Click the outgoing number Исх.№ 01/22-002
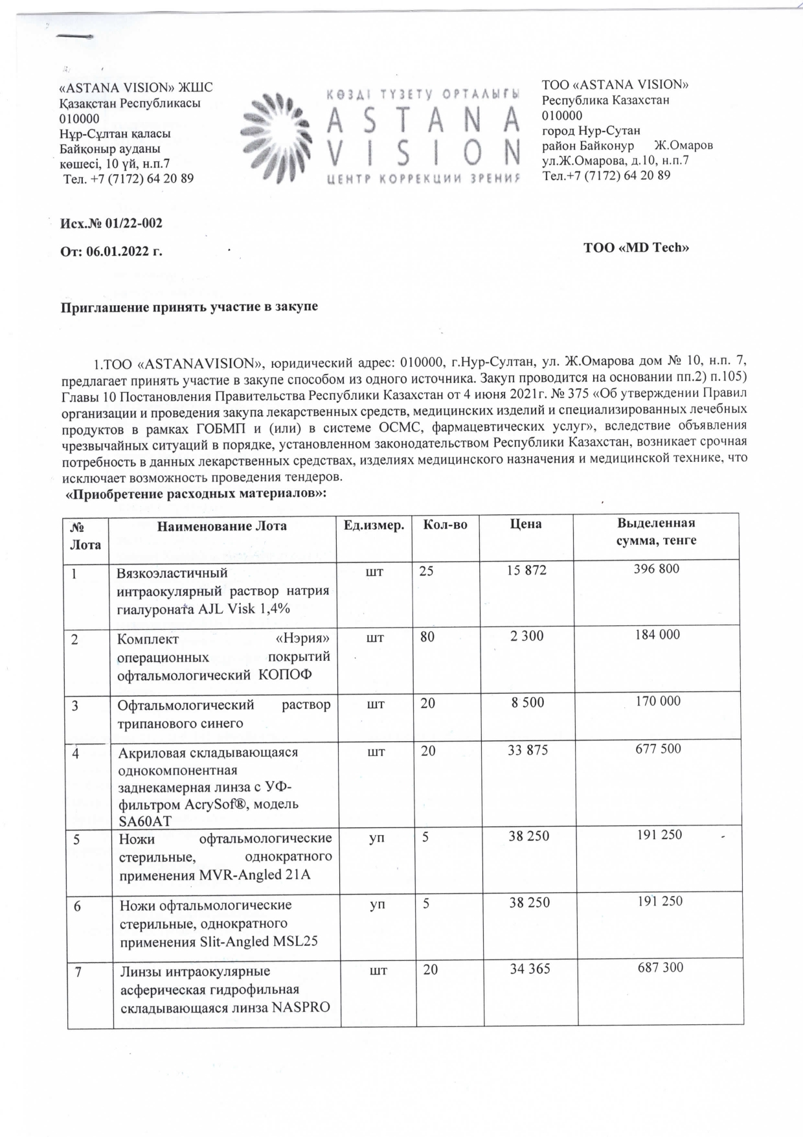[111, 224]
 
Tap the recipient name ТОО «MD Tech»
[635, 247]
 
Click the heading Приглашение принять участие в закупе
[189, 306]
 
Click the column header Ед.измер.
[377, 525]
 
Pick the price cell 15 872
[527, 571]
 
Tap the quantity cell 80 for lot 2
[427, 636]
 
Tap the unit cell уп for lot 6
[376, 904]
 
